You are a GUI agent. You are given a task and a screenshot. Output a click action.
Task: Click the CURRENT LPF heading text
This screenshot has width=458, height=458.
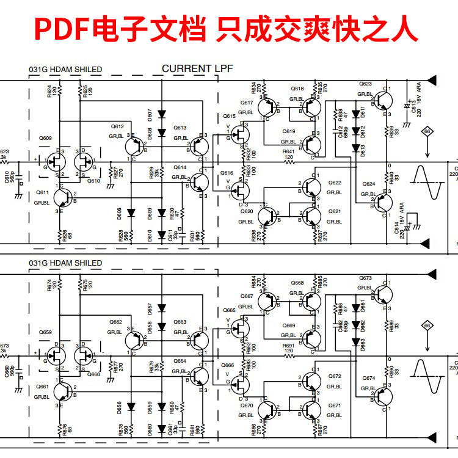(x=194, y=69)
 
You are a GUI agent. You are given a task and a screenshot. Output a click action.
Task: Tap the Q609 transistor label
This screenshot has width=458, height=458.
(x=45, y=139)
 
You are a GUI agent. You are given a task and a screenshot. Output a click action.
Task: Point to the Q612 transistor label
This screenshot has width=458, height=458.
(x=117, y=126)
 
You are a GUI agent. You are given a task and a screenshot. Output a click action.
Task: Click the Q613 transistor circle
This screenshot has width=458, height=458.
(x=199, y=147)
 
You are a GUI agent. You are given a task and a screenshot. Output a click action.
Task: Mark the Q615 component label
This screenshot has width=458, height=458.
(x=229, y=116)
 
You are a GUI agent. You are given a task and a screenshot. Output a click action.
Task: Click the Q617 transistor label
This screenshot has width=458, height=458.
(x=247, y=103)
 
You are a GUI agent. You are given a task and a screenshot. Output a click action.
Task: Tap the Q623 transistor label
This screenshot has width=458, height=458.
(x=365, y=84)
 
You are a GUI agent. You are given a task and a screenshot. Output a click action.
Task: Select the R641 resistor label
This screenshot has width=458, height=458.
(x=288, y=151)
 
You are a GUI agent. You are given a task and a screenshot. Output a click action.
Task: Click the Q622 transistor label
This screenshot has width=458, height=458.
(x=335, y=183)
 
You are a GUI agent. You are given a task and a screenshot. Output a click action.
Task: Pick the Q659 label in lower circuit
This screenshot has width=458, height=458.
(x=45, y=333)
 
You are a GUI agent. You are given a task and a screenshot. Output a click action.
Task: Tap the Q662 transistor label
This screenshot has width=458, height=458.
(x=116, y=322)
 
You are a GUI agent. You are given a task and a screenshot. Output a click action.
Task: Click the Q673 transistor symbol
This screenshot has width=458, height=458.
(x=382, y=294)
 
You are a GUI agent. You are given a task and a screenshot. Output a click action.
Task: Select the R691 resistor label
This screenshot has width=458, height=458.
(x=288, y=346)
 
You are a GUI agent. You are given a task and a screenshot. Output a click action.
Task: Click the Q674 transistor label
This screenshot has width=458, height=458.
(x=369, y=379)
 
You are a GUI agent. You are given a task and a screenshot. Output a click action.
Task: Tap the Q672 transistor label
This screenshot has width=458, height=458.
(x=335, y=376)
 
